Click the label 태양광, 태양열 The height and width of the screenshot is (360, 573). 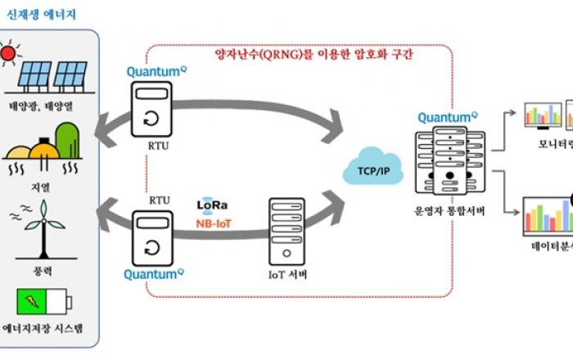(48, 105)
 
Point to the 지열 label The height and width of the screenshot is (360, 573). (48, 186)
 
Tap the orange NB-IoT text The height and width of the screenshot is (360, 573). (214, 222)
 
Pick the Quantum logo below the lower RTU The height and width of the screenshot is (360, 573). (153, 274)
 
